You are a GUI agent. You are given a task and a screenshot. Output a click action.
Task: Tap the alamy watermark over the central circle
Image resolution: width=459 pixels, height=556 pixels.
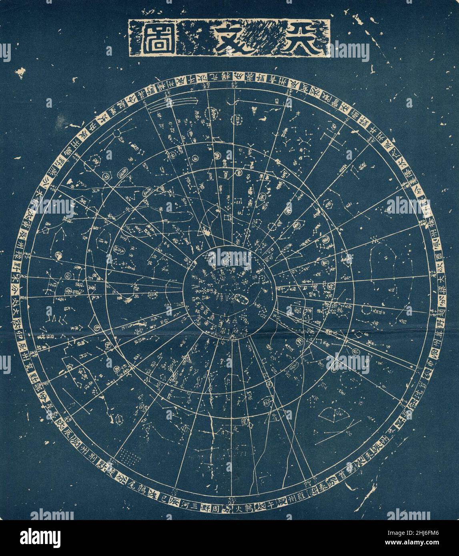(x=231, y=259)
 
